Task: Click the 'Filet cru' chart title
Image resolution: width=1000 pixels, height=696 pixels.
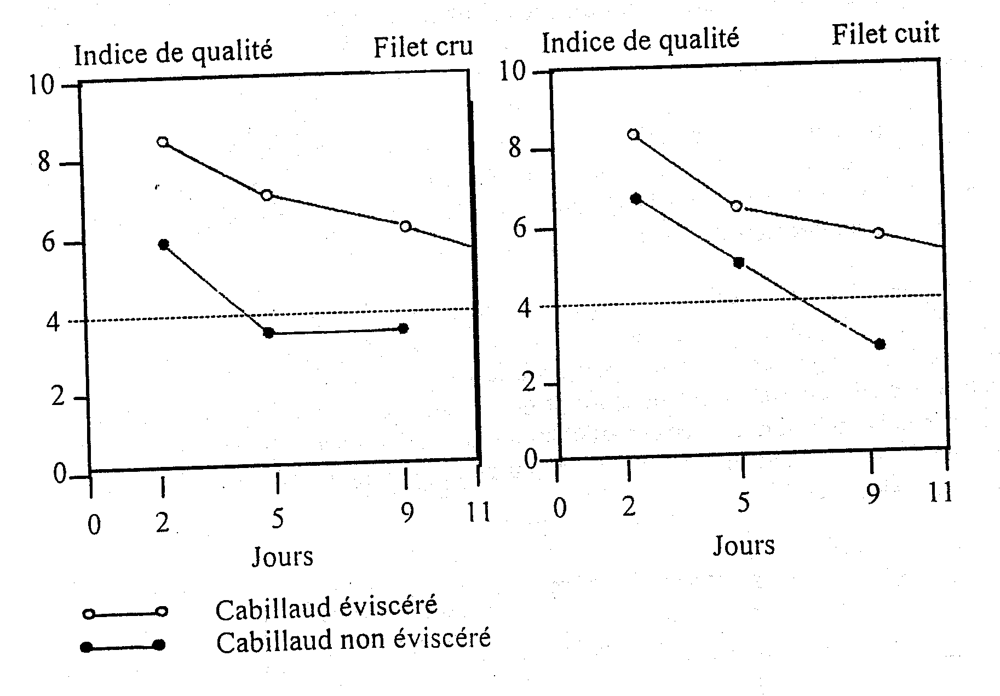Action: tap(423, 47)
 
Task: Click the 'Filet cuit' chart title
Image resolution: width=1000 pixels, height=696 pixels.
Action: tap(885, 34)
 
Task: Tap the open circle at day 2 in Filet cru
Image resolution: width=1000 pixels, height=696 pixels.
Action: tap(162, 142)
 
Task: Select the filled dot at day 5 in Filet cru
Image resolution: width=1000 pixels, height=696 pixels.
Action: tap(268, 333)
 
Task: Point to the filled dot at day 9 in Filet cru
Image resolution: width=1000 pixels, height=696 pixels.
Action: tap(404, 328)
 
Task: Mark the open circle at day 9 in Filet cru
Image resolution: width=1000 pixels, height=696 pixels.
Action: tap(405, 226)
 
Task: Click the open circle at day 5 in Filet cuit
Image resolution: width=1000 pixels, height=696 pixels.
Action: tap(737, 206)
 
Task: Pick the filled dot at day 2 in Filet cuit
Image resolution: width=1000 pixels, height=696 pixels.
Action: tap(636, 198)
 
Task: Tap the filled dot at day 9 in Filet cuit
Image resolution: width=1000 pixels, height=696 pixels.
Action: tap(880, 344)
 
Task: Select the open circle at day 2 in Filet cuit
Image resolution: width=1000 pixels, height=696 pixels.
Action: tap(633, 134)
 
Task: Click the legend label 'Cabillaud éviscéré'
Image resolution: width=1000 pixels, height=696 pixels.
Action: tap(326, 608)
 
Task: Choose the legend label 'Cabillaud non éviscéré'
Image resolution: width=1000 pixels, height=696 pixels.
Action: tap(353, 640)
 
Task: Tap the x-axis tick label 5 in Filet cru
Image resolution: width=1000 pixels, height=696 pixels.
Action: tap(278, 518)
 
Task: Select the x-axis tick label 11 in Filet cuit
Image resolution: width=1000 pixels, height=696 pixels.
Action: tap(941, 493)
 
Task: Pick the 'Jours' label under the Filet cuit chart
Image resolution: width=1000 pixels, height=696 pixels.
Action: tap(744, 546)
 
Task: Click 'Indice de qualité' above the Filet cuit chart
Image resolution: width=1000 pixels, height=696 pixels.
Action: tap(640, 40)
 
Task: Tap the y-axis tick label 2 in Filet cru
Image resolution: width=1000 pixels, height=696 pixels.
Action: tap(58, 397)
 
